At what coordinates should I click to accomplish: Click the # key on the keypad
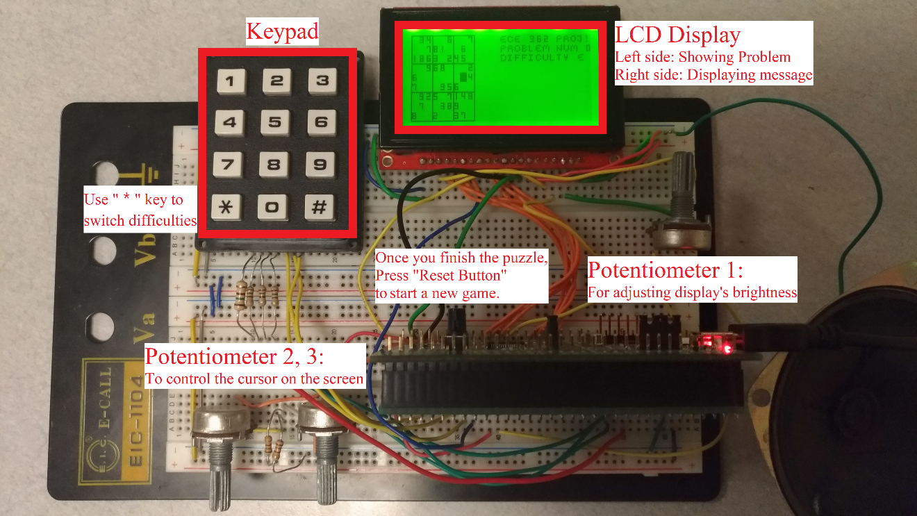point(320,208)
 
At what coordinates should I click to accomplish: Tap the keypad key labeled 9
point(320,165)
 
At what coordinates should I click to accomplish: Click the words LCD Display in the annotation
point(678,35)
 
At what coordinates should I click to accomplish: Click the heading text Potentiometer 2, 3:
point(234,357)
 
